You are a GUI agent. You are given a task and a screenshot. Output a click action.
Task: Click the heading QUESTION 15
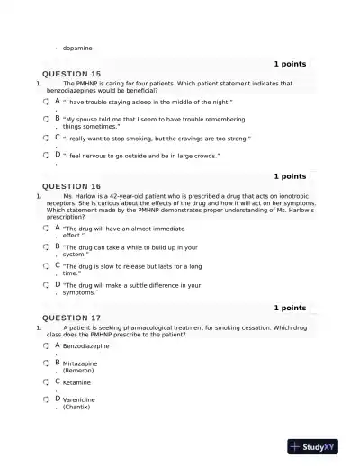point(72,74)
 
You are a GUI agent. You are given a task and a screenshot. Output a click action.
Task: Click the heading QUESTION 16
point(72,186)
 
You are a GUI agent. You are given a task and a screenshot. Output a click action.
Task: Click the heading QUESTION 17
point(72,318)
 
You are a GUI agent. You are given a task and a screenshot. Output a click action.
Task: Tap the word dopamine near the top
point(77,48)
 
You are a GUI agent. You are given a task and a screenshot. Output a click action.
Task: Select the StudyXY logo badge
point(313,446)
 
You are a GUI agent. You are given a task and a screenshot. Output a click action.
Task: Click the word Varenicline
point(79,399)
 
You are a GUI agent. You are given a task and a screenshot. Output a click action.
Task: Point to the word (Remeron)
point(78,370)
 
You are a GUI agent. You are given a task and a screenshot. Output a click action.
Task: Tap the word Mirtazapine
point(80,363)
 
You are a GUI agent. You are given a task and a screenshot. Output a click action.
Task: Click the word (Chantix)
point(78,407)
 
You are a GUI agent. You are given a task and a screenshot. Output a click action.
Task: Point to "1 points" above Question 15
point(289,64)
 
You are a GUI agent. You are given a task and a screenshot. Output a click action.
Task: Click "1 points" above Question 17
point(289,308)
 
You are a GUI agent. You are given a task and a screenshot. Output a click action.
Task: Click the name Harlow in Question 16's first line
point(92,196)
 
